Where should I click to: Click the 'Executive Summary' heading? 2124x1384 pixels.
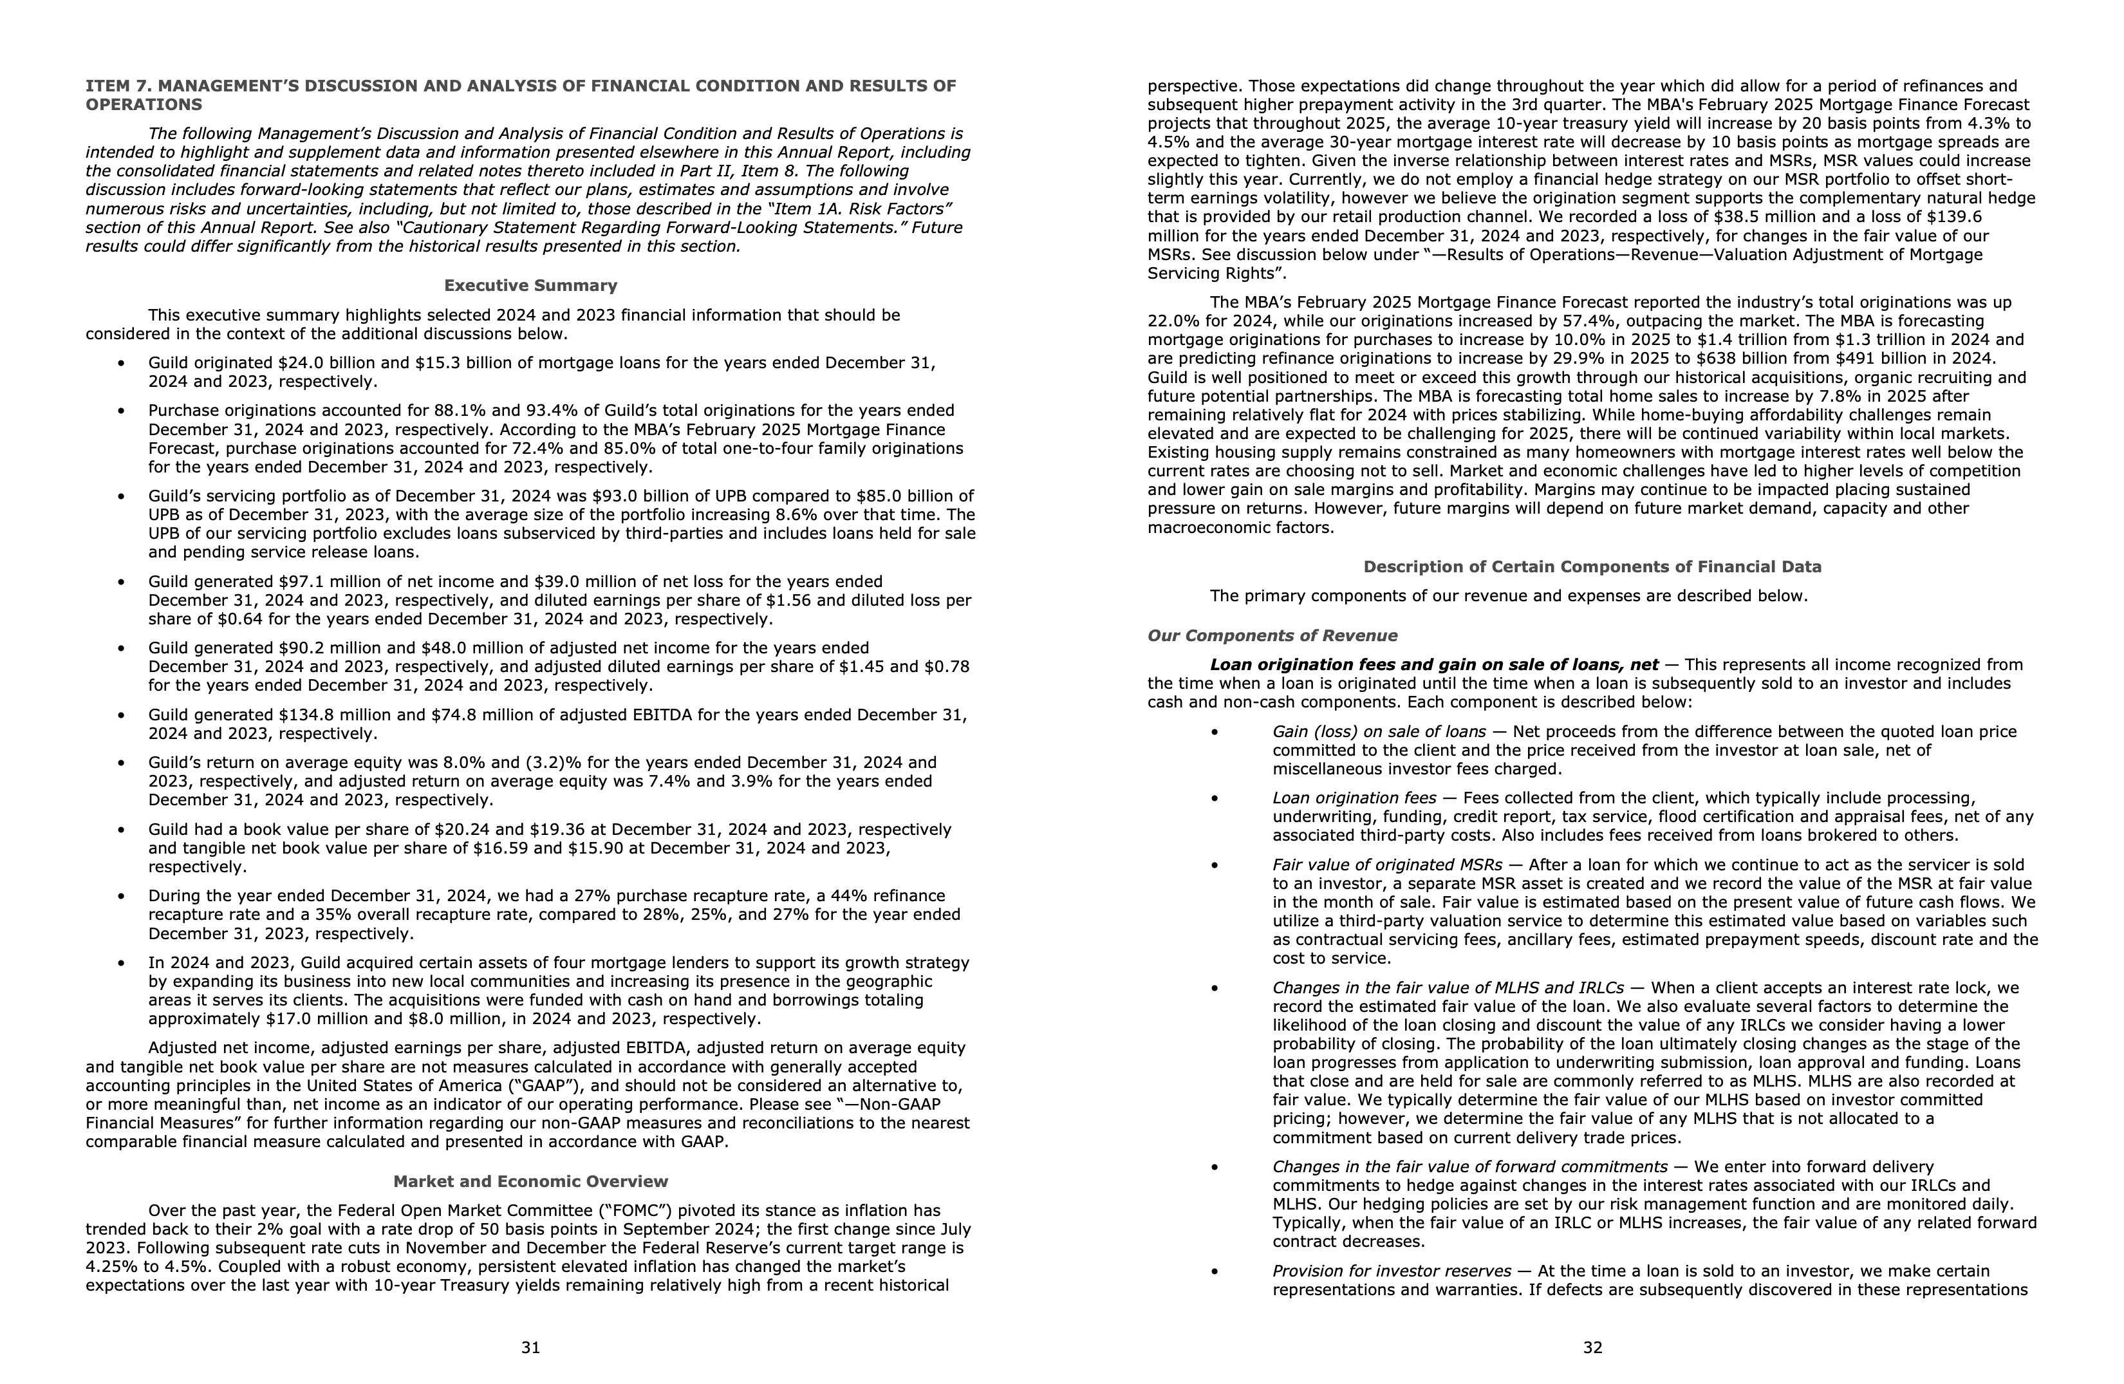530,286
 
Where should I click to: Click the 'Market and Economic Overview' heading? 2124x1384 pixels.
530,1181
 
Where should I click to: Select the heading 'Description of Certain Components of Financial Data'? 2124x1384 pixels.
1592,566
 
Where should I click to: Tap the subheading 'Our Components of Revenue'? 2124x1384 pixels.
1272,635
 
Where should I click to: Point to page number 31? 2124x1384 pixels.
530,1347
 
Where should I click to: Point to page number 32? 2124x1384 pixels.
1592,1347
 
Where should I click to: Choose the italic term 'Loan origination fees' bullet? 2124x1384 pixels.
1354,798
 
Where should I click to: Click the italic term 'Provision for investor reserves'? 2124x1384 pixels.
1392,1271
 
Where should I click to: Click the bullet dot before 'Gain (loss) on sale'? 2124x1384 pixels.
1214,732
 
